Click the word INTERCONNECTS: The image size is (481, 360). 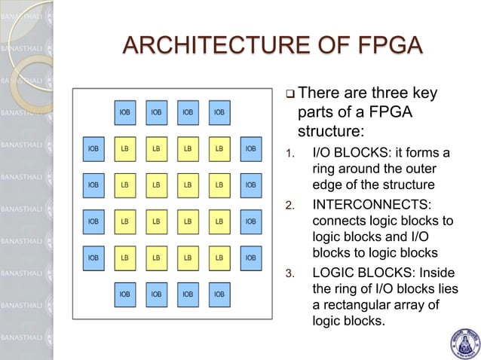point(366,205)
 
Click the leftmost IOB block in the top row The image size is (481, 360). point(124,113)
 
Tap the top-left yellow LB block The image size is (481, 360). point(124,149)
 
